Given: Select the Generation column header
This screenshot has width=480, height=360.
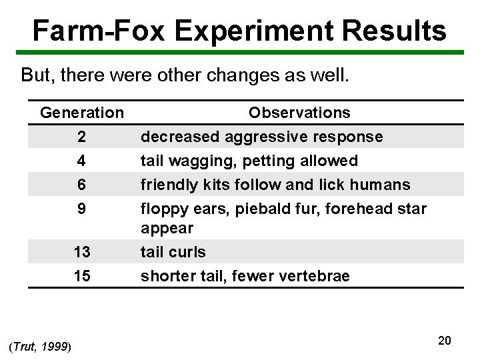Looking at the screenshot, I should [81, 113].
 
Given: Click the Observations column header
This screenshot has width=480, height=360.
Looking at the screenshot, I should [299, 113].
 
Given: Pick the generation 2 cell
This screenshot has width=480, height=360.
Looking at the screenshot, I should [81, 137].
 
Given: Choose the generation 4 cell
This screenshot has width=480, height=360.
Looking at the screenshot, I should [81, 161].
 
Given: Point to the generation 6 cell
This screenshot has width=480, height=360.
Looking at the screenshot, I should [81, 184].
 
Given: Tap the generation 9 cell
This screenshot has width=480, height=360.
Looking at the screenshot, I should [81, 208].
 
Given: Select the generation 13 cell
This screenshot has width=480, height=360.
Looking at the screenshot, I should [81, 252].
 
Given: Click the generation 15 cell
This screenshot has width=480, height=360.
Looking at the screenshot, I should [81, 276].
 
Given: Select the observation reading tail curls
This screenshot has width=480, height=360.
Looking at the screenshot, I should [173, 252].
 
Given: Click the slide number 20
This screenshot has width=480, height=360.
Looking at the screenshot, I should [445, 341].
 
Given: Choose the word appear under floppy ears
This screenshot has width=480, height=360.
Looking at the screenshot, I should [167, 228].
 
